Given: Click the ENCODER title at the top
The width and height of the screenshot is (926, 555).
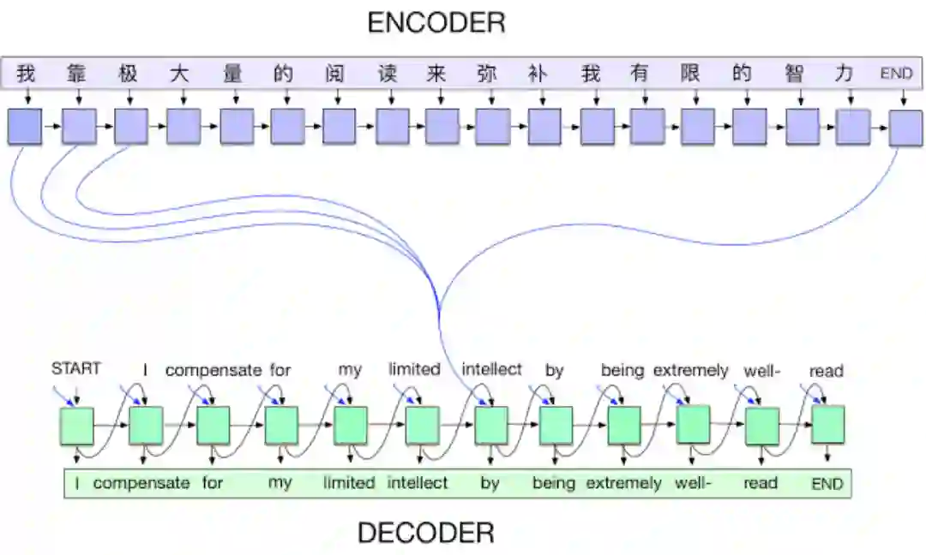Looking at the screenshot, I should click(x=436, y=22).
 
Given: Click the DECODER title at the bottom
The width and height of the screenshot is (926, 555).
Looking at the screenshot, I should click(x=425, y=533).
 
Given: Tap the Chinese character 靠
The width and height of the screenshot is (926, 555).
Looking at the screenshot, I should click(x=76, y=74).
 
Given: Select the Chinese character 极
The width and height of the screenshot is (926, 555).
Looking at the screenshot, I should click(x=128, y=74).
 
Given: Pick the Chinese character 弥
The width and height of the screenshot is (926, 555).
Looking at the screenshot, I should click(x=487, y=74).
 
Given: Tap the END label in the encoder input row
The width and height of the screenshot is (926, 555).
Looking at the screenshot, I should click(x=896, y=74).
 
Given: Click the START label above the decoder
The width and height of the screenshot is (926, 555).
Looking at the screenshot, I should click(x=76, y=368).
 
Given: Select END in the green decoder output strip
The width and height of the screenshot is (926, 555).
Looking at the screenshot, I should click(x=827, y=484).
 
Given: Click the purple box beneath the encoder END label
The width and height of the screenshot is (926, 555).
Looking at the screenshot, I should click(x=905, y=128).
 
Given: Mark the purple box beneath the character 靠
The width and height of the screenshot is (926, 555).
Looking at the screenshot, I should click(x=78, y=126).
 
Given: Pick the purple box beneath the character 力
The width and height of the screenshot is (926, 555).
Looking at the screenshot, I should click(x=852, y=126).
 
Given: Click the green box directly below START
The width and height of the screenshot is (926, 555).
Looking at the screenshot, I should click(x=76, y=426).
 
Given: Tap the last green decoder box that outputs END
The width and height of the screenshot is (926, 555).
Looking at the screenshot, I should click(x=827, y=424).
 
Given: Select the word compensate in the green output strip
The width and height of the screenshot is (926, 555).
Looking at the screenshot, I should click(x=141, y=483).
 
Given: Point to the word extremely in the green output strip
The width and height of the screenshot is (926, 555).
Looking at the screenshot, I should click(x=623, y=483).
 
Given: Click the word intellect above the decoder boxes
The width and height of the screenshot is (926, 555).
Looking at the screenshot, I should click(x=491, y=369).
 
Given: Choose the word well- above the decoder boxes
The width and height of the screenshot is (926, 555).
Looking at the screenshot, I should click(x=761, y=371).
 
